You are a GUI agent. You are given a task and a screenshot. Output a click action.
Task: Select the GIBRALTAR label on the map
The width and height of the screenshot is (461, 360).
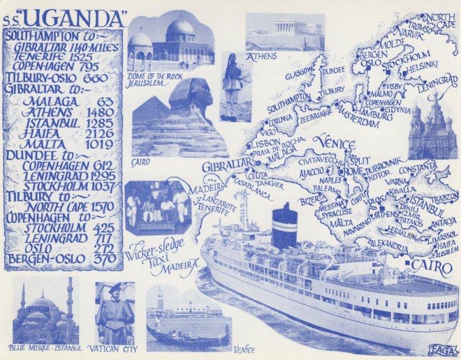click(x=226, y=166)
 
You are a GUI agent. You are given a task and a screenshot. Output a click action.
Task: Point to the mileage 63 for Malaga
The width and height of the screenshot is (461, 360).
click(x=105, y=101)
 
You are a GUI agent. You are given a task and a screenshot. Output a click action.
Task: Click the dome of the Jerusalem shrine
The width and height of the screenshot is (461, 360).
click(x=180, y=27)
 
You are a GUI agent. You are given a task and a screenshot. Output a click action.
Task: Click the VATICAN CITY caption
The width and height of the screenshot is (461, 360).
click(x=115, y=348)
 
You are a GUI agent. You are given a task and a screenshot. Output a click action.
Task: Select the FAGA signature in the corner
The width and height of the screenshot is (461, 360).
click(x=443, y=350)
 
